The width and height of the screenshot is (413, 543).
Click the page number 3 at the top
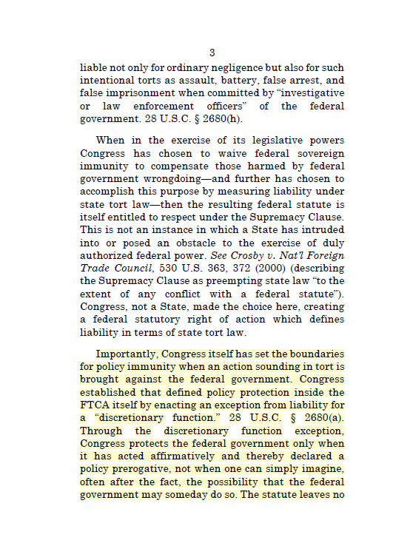pos(212,53)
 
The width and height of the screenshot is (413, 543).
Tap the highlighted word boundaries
pos(312,354)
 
